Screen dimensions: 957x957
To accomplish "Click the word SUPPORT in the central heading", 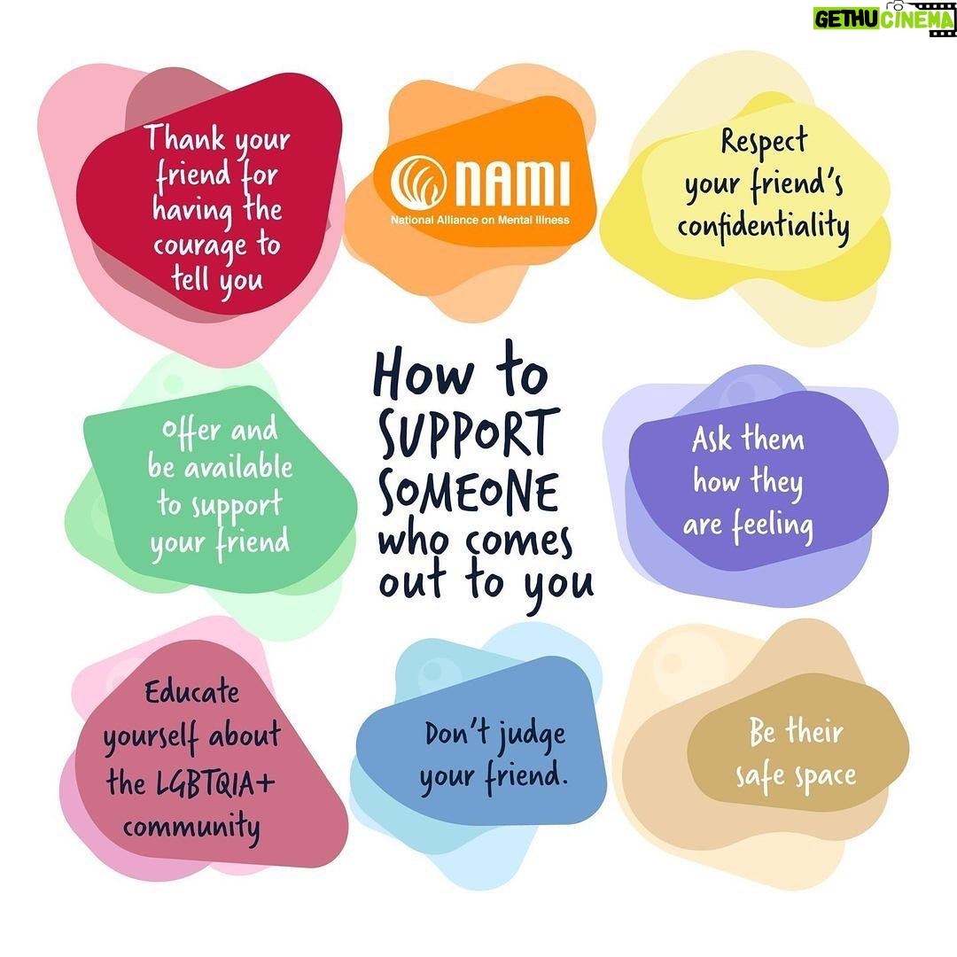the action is coord(469,433).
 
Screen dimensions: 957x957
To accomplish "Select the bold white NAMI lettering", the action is coord(513,182).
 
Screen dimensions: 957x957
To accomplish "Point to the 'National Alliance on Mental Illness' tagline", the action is coord(480,220).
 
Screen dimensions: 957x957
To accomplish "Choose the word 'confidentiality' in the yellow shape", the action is coord(764,228).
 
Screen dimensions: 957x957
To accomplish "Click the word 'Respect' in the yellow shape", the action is coord(764,142).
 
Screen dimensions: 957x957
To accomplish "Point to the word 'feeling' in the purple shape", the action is coord(773,526).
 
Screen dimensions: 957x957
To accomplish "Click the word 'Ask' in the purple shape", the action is coord(712,439).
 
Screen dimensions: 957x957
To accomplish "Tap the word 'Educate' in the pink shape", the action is coord(191,692).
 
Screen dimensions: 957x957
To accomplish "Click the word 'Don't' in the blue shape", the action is coord(455,733).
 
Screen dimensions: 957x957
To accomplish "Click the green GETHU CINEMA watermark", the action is coord(883,19).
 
